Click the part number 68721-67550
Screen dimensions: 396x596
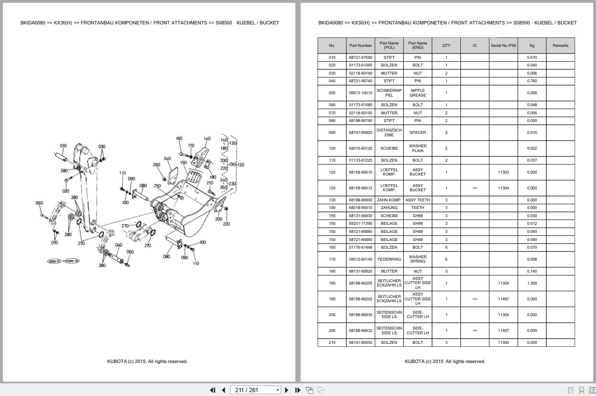[360, 57]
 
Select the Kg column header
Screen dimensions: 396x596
[532, 45]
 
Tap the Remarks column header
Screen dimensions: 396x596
[560, 45]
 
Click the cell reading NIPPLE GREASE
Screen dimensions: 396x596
[417, 93]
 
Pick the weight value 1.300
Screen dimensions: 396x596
[532, 283]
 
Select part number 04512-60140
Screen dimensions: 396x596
[360, 259]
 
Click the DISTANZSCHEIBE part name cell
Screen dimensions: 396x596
[389, 132]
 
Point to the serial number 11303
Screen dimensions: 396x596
[503, 172]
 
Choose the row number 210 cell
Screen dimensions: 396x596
[332, 342]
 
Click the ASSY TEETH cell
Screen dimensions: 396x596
[417, 200]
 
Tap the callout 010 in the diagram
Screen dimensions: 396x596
[63, 146]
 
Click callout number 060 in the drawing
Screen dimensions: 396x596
[39, 203]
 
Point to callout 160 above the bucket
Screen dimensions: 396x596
[179, 139]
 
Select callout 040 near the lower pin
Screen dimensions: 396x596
[119, 245]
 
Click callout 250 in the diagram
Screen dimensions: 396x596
[157, 186]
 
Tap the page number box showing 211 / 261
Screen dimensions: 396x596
[255, 390]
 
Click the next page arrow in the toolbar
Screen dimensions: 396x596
[287, 390]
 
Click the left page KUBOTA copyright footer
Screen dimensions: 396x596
[147, 362]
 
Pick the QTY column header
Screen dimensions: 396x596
[446, 45]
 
